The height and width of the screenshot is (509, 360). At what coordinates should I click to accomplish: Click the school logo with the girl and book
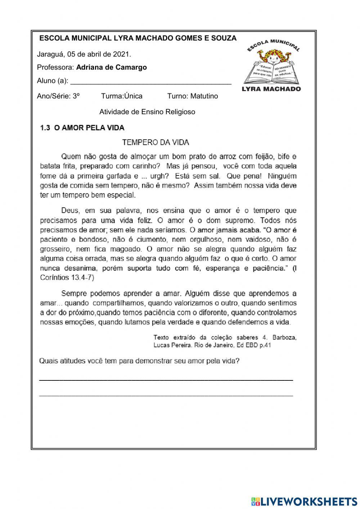[272, 65]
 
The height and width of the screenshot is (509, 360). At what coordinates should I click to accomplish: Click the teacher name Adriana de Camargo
[112, 67]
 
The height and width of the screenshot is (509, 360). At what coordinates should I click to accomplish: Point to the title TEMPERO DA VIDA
[156, 142]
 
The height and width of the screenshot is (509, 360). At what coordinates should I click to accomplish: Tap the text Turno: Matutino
[193, 96]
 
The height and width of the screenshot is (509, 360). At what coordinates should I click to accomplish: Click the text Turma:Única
[122, 96]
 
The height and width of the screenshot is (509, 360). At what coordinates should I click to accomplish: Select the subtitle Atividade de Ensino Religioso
[147, 112]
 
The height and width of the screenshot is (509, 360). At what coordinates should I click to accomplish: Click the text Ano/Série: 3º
[58, 96]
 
